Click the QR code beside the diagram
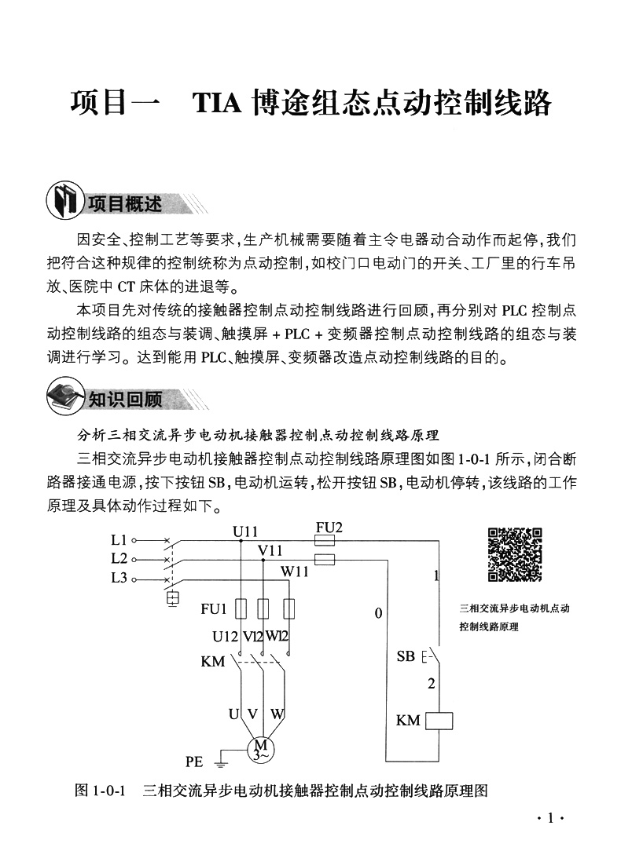[516, 554]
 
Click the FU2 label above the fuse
[329, 528]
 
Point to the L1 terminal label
[119, 540]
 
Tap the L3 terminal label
[119, 579]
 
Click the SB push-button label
[406, 656]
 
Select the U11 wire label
[245, 532]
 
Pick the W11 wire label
[295, 571]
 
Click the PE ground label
[194, 762]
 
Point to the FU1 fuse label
[214, 608]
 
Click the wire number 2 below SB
[431, 684]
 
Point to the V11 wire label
[270, 551]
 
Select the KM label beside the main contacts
[213, 662]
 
